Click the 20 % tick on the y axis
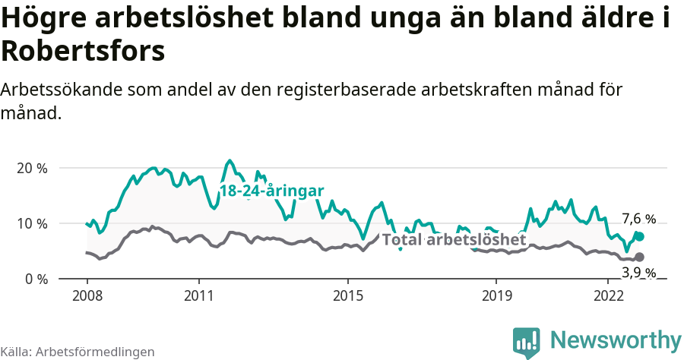pos(31,168)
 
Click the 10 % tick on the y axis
pos(31,223)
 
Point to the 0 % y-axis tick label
pos(35,279)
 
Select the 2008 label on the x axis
pos(87,295)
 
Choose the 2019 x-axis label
pos(496,295)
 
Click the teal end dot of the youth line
pos(639,237)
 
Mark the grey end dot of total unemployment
pos(639,257)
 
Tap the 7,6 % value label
pos(638,219)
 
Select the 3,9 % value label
pos(638,273)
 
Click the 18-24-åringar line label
pos(272,191)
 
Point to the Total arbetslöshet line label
pos(454,240)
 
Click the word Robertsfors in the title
pos(83,51)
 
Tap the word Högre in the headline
pos(47,19)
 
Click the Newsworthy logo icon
pos(527,342)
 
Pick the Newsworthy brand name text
pos(616,340)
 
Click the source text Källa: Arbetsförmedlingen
pos(78,352)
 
